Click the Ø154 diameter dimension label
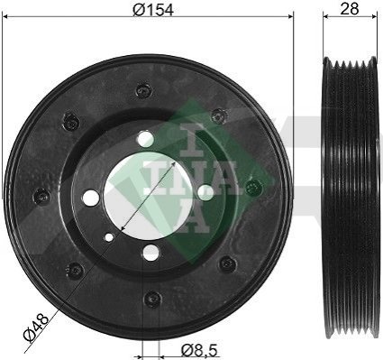153,10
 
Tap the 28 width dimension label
350,9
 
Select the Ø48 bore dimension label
36,327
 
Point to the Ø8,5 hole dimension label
199,350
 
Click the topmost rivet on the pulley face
144,90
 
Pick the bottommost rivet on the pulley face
152,300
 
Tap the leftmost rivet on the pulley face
41,197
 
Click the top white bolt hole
145,139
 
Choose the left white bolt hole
91,198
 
